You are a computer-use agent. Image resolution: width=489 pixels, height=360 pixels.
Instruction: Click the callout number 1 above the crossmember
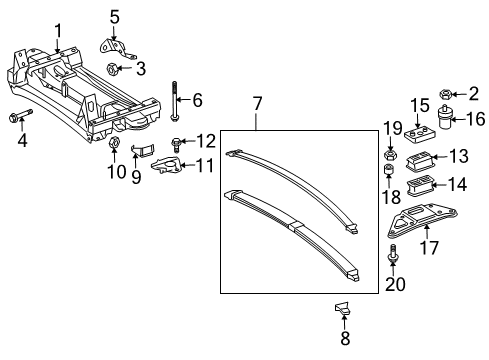point(58,29)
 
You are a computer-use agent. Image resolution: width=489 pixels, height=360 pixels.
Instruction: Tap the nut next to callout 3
point(113,70)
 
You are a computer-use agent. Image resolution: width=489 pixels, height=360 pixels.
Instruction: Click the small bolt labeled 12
point(178,141)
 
